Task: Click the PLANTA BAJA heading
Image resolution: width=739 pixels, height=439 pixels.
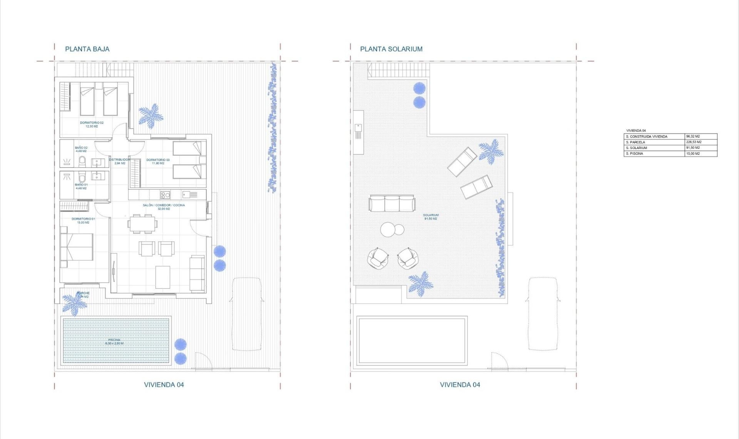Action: [87, 49]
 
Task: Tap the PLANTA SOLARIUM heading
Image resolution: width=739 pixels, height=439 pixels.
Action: [391, 49]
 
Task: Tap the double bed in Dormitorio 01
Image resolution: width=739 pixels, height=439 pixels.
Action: [77, 247]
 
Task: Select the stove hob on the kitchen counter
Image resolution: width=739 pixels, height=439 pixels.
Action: [165, 195]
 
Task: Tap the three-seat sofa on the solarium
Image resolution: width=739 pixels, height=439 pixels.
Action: [392, 203]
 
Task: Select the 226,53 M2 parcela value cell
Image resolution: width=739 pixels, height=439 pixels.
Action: [701, 142]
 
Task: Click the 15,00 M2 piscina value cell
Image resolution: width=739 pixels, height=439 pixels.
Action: [701, 154]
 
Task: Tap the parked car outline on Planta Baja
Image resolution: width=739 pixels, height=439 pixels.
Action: [246, 314]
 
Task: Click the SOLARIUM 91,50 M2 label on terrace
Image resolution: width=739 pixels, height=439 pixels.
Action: [431, 217]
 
